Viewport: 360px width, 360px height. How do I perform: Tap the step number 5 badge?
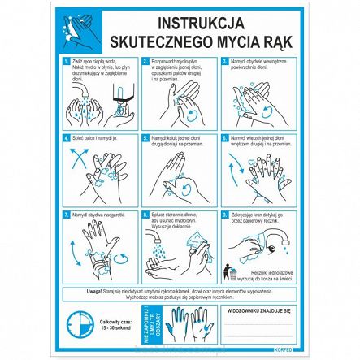point(146,137)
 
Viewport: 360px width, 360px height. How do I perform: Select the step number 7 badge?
point(67,213)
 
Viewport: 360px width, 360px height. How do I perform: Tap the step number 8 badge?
point(146,213)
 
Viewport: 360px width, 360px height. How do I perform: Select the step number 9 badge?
point(225,213)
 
